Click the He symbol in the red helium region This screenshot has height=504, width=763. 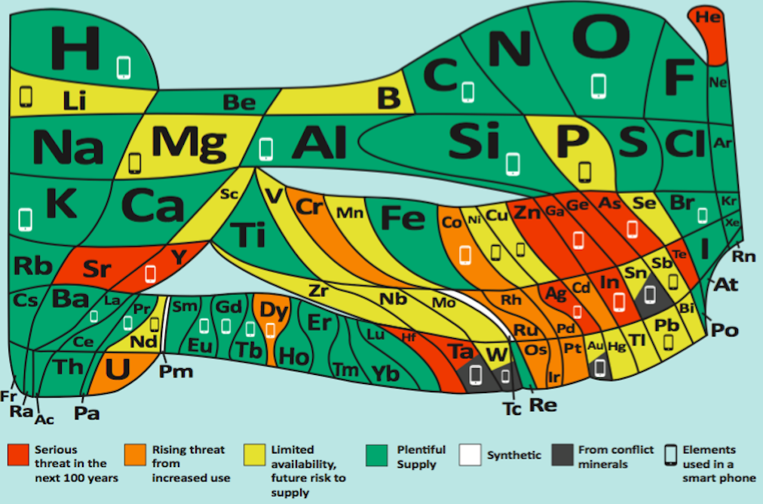point(707,17)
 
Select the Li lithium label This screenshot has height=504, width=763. point(75,101)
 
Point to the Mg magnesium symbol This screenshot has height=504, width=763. point(188,143)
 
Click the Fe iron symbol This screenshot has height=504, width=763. point(403,217)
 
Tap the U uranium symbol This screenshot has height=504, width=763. point(118,369)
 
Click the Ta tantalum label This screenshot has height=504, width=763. point(461,352)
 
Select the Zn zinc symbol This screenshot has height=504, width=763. point(527,212)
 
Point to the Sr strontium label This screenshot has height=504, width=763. point(97,269)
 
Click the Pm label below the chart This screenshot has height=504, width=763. point(176,371)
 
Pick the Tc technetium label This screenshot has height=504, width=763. point(512,409)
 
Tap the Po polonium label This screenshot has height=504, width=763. point(725,330)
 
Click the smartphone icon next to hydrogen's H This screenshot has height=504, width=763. point(124,67)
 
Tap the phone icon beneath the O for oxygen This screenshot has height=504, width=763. point(598,86)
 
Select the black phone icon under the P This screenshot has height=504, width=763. point(584,172)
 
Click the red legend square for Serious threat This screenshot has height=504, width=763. point(18,455)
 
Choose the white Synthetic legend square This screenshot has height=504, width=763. point(470,455)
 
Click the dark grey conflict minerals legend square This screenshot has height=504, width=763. point(562,455)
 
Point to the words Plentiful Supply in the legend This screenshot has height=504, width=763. point(421,456)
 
